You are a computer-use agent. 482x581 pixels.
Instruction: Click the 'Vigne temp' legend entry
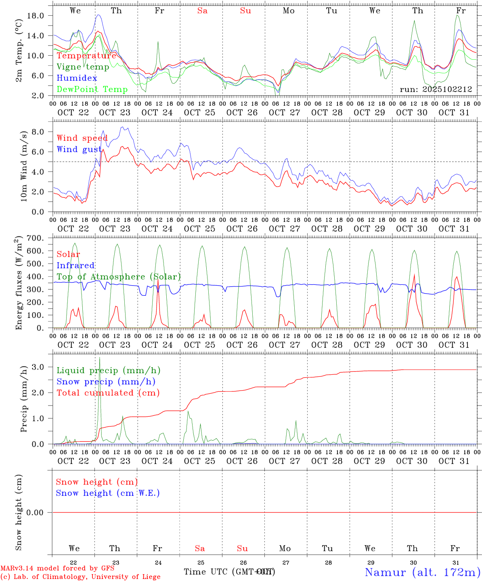(83, 67)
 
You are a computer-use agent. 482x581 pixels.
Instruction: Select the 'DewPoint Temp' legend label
(92, 89)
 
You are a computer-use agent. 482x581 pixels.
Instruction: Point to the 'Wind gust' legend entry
(79, 149)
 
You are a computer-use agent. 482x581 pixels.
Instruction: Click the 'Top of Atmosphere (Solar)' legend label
(119, 277)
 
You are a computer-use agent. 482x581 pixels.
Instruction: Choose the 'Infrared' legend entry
(75, 265)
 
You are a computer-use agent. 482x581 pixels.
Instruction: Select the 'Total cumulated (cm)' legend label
(108, 393)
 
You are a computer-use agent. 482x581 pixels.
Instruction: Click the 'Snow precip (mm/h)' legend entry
(106, 381)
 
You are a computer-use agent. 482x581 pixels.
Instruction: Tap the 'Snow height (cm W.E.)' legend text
(108, 493)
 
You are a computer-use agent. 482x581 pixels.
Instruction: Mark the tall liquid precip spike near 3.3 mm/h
(99, 358)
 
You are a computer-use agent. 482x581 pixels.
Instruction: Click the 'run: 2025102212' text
(436, 89)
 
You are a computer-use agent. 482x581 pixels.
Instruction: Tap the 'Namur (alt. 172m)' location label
(422, 572)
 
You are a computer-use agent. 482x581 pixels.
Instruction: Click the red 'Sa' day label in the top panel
(202, 10)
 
